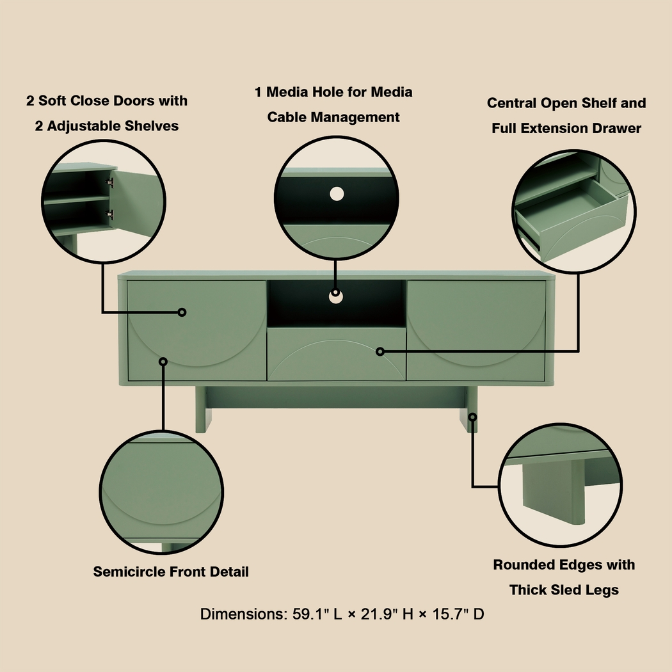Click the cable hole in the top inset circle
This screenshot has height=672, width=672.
(x=337, y=193)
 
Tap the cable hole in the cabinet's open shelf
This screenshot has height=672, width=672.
(x=335, y=295)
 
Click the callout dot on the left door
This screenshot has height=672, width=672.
(x=182, y=312)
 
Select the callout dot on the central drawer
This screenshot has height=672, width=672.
(x=380, y=351)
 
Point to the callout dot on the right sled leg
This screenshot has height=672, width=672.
(x=472, y=417)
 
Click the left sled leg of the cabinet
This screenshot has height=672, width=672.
(x=202, y=410)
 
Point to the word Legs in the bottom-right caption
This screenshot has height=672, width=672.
(x=602, y=590)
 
